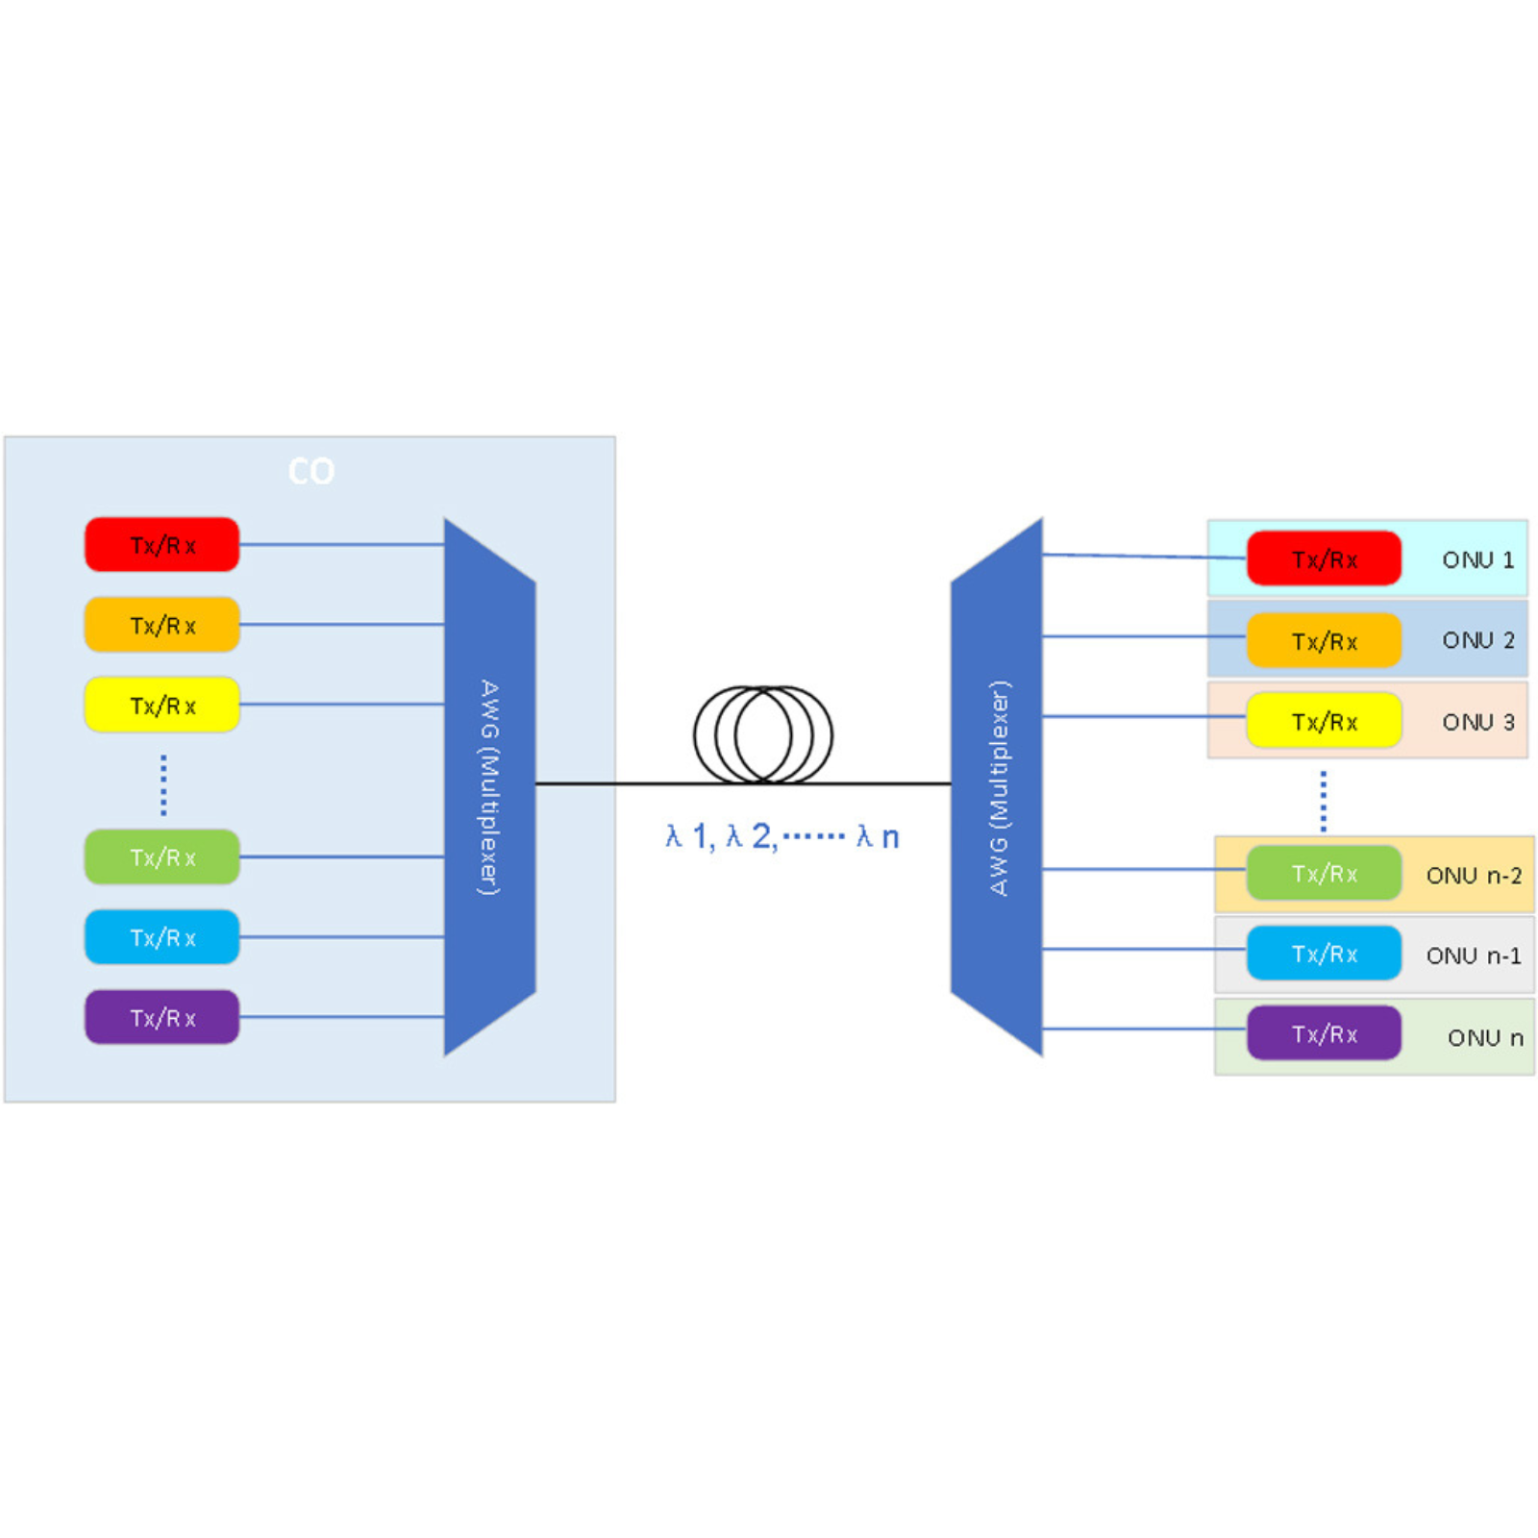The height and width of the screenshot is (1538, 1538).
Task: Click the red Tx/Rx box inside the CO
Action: click(161, 545)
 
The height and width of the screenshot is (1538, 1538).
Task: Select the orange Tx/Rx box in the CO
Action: click(161, 625)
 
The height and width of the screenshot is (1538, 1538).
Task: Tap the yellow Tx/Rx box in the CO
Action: click(161, 705)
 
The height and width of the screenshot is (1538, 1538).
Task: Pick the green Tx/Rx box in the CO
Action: click(161, 856)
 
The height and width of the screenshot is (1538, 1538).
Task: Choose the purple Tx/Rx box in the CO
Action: click(161, 1017)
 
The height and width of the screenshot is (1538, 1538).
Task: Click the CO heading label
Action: click(311, 471)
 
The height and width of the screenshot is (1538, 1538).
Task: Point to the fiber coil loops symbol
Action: click(763, 734)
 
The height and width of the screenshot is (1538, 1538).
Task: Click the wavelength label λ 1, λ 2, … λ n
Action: click(782, 836)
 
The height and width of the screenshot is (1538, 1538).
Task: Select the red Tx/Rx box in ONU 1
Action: click(1324, 558)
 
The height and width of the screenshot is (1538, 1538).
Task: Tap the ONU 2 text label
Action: click(1477, 640)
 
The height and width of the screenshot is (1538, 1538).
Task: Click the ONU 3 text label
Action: click(1477, 722)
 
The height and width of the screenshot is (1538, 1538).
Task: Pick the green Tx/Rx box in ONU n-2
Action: click(1324, 874)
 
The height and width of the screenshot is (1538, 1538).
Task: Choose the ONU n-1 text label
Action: click(1473, 955)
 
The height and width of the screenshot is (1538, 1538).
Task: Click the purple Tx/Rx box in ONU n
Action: click(1324, 1033)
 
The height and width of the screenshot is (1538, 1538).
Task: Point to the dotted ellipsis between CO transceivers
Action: click(163, 784)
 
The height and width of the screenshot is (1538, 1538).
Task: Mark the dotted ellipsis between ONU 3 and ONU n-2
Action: click(1324, 801)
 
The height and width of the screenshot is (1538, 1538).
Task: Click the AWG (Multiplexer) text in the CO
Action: click(489, 787)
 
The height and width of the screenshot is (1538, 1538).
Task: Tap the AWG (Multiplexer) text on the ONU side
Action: click(1000, 787)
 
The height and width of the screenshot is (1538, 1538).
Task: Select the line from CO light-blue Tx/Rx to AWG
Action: click(341, 936)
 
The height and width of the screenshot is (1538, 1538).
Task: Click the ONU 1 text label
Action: click(1477, 559)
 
